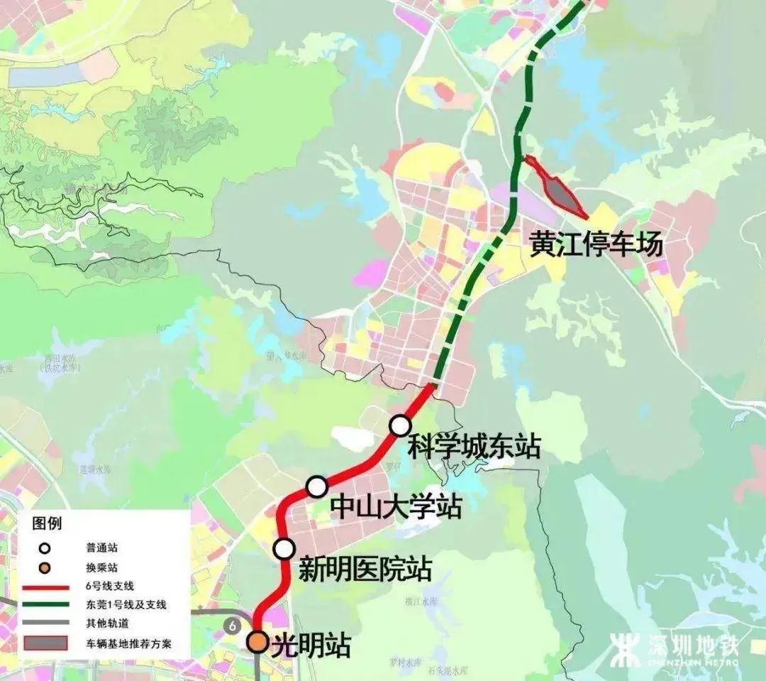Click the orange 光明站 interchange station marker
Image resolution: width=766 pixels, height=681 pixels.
tap(257, 642)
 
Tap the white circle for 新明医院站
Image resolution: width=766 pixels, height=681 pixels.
tap(284, 549)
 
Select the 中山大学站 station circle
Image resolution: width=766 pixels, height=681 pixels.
tap(317, 487)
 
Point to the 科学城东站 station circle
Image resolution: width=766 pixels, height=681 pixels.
tap(400, 425)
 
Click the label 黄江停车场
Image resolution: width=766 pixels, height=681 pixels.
tap(596, 244)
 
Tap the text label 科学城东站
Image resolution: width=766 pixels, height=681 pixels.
tap(474, 447)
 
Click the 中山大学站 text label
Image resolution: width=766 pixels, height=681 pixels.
tap(396, 507)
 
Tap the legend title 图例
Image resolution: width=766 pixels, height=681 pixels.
tap(47, 524)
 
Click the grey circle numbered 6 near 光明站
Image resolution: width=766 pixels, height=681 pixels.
tap(232, 626)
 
